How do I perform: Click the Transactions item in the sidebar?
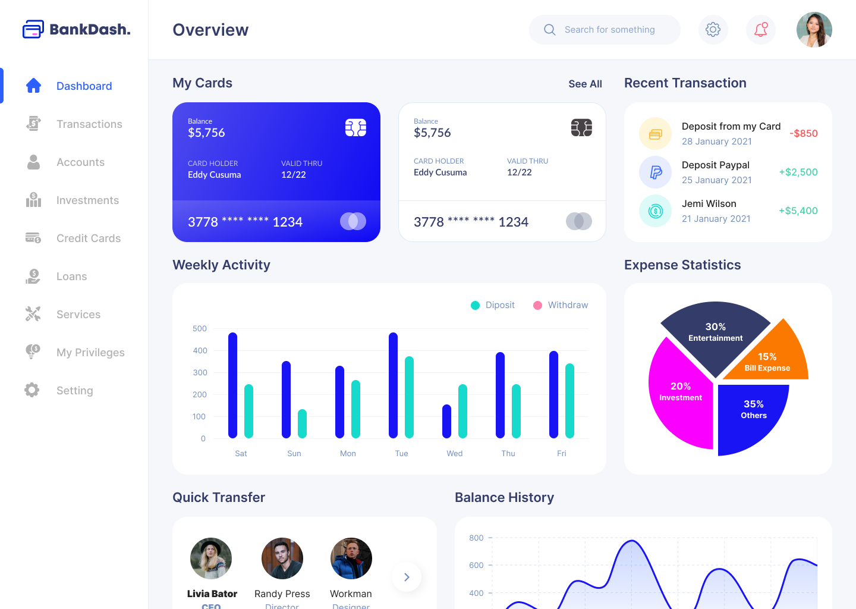pyautogui.click(x=89, y=124)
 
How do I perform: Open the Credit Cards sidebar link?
pyautogui.click(x=88, y=238)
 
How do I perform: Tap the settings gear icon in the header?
pyautogui.click(x=713, y=29)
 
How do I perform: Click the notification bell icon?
pyautogui.click(x=760, y=29)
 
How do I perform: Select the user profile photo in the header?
pyautogui.click(x=814, y=30)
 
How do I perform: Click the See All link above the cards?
pyautogui.click(x=585, y=84)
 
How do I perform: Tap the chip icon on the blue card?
pyautogui.click(x=355, y=128)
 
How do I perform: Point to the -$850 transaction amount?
pyautogui.click(x=804, y=133)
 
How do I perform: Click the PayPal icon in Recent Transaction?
pyautogui.click(x=656, y=172)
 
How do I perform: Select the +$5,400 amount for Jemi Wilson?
pyautogui.click(x=798, y=211)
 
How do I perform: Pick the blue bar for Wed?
pyautogui.click(x=446, y=421)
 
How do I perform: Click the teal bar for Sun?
pyautogui.click(x=302, y=423)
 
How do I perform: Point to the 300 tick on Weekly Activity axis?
pyautogui.click(x=200, y=372)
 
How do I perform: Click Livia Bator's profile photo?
pyautogui.click(x=211, y=558)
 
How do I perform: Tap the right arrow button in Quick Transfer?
pyautogui.click(x=407, y=577)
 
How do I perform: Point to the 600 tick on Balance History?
pyautogui.click(x=476, y=565)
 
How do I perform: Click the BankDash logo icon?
pyautogui.click(x=33, y=29)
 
